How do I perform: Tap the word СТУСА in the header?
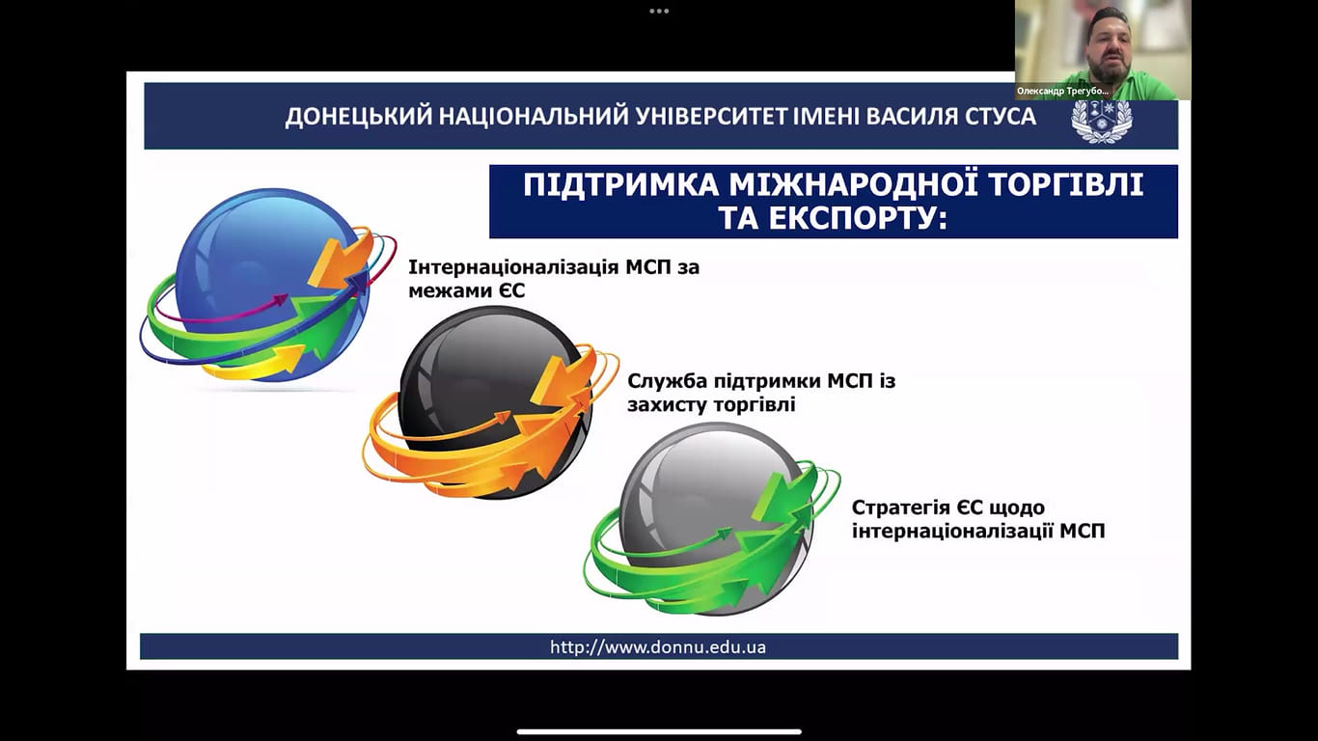coord(1001,116)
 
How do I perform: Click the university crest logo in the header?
coord(1102,121)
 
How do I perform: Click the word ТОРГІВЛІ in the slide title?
coord(1065,184)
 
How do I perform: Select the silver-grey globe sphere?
coord(715,518)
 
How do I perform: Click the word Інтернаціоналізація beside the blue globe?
coord(512,267)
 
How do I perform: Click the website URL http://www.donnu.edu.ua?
coord(658,647)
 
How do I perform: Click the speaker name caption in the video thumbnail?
coord(1062,92)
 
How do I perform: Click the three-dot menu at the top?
coord(659,12)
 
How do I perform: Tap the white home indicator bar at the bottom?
coord(659,731)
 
